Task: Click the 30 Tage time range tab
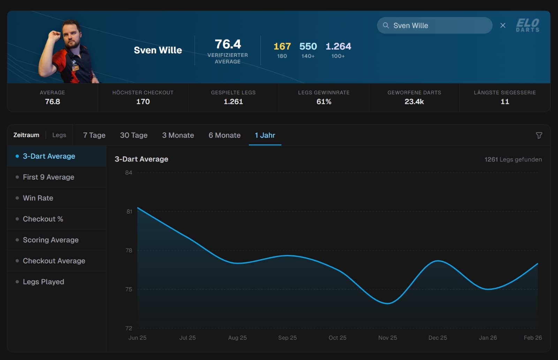(134, 135)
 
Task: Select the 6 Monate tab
(224, 135)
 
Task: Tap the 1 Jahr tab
(265, 135)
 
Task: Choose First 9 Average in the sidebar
(48, 177)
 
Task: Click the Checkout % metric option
(43, 219)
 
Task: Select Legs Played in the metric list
(43, 282)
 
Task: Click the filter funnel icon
(539, 135)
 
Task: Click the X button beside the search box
(503, 25)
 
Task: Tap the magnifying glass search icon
(386, 25)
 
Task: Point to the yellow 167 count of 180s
(282, 46)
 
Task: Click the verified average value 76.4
(227, 44)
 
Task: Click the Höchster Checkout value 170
(143, 102)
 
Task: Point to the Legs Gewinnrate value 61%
(324, 102)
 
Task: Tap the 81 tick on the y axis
(129, 211)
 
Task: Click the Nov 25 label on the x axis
(387, 338)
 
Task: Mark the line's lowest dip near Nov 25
(387, 303)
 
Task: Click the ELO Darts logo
(527, 25)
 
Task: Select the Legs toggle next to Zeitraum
(59, 135)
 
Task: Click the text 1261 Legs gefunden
(513, 159)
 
